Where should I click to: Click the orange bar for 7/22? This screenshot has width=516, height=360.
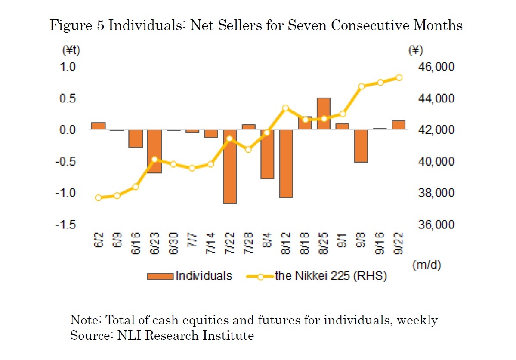(230, 166)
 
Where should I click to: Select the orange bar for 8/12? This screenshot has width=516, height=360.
(286, 163)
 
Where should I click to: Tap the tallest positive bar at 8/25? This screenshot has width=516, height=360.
(324, 114)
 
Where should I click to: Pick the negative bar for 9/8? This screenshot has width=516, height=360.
(361, 146)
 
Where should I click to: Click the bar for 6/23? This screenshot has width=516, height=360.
(154, 151)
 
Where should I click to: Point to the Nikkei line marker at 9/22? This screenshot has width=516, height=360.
(399, 77)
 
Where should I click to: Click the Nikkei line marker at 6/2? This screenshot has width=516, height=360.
(98, 198)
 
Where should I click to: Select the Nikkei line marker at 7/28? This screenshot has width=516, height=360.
(248, 149)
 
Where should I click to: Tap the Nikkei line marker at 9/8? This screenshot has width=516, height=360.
(362, 86)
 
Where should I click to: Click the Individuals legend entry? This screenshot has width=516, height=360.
(189, 276)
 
